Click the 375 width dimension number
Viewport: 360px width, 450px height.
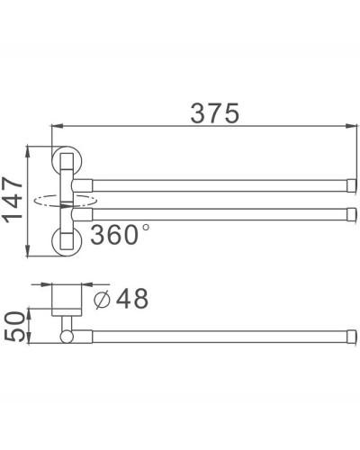[213, 114]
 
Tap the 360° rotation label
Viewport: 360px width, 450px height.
[114, 236]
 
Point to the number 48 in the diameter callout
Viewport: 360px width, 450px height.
[130, 298]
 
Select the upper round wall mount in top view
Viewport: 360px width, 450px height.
[67, 161]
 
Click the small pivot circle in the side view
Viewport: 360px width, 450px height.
[66, 337]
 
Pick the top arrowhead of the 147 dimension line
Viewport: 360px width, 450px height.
[34, 147]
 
